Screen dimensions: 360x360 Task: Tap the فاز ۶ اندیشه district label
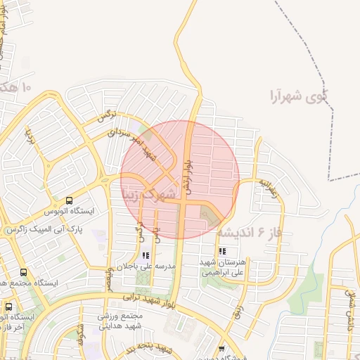point(249,231)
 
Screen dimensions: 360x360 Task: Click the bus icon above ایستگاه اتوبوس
point(69,200)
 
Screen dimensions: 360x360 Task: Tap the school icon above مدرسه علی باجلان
point(146,256)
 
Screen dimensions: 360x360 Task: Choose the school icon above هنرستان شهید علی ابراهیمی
point(222,250)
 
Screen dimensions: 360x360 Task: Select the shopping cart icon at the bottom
point(222,349)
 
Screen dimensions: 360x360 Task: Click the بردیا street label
point(31,136)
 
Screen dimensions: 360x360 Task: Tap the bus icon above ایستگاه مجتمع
point(23,272)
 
